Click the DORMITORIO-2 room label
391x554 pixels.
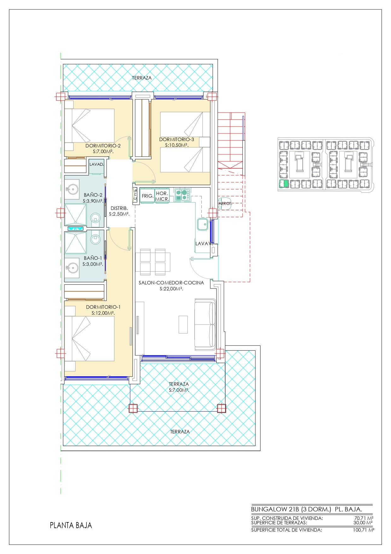point(103,146)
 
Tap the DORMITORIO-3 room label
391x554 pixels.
point(177,140)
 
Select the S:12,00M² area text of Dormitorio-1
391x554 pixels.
point(103,313)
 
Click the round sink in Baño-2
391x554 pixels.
point(73,190)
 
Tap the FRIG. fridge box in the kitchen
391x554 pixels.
point(147,196)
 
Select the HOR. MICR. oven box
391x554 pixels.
point(162,196)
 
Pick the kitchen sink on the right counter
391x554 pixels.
point(202,224)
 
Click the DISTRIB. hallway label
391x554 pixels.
point(119,208)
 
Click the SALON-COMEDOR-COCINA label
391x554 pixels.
point(171,283)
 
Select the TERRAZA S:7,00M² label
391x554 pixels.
point(179,387)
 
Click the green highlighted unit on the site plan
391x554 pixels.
point(284,184)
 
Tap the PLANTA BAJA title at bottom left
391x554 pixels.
point(71,525)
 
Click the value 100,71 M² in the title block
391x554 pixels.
point(364,530)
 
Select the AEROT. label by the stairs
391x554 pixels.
point(225,204)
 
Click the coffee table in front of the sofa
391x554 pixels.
point(183,324)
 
